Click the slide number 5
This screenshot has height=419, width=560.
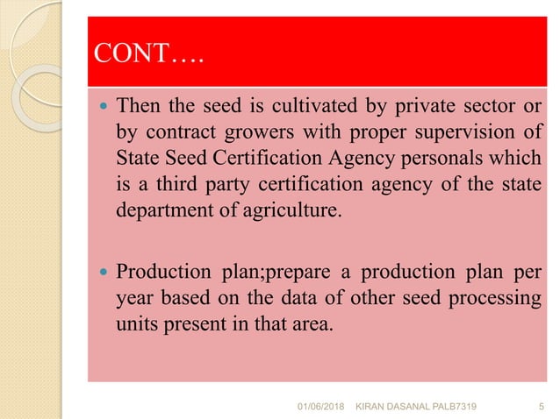(x=539, y=405)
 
